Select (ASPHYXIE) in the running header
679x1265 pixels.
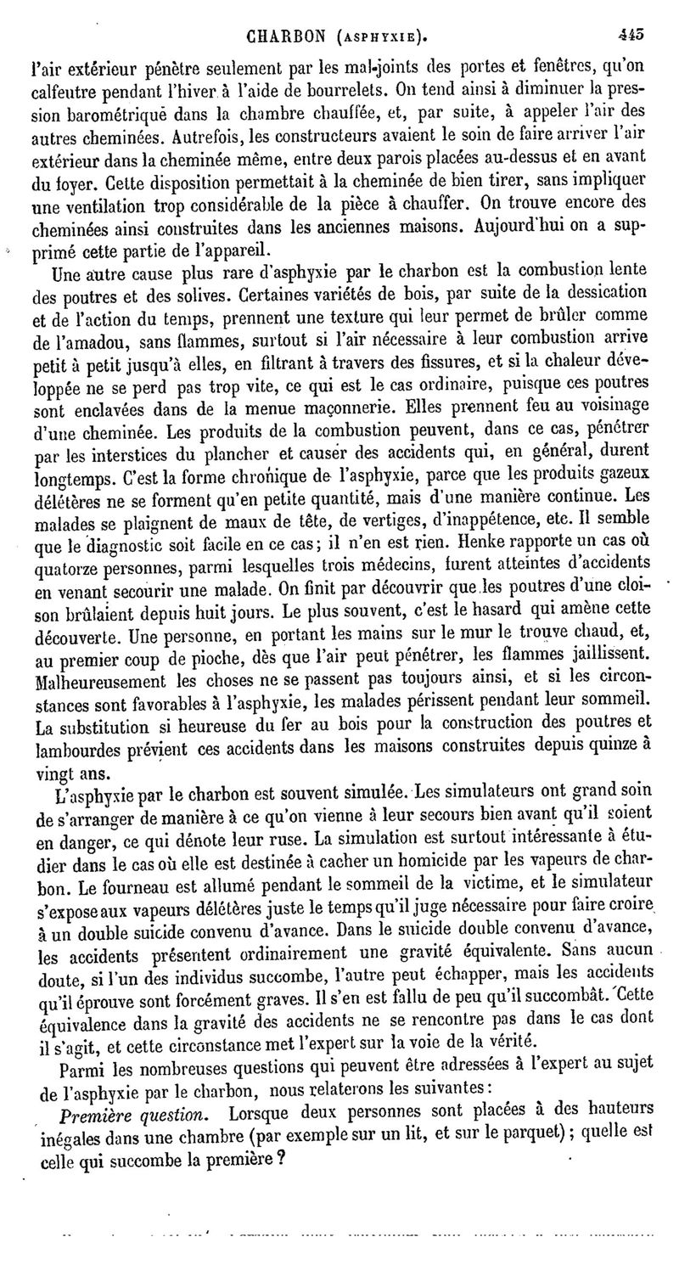[x=380, y=37]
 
